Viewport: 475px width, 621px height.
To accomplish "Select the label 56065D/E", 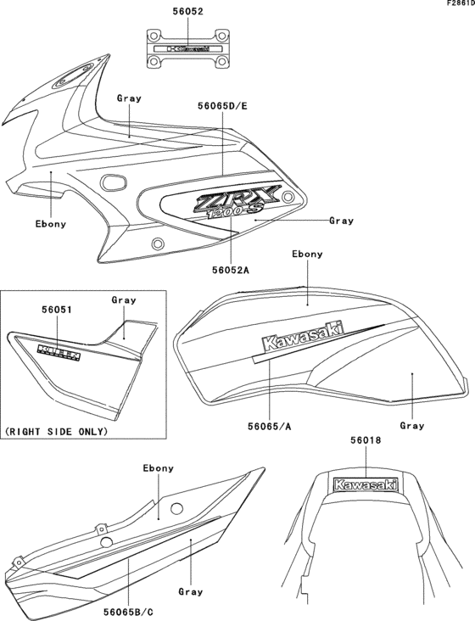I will coord(222,107).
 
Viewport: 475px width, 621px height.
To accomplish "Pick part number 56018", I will coord(366,441).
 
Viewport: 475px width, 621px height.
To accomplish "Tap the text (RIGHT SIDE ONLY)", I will coord(57,432).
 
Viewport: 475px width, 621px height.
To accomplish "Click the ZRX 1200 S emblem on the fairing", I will coord(229,204).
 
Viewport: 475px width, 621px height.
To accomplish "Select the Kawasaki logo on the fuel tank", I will coord(302,338).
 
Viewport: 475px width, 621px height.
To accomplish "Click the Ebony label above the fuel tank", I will coord(307,254).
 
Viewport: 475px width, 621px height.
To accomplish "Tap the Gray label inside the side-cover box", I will coord(124,300).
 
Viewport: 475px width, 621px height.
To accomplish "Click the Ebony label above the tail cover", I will coord(158,468).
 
